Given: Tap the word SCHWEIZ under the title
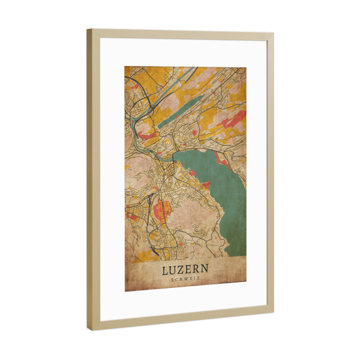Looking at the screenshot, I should pyautogui.click(x=186, y=280).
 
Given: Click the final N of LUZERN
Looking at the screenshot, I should pyautogui.click(x=206, y=271).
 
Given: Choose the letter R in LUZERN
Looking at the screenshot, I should pyautogui.click(x=197, y=271).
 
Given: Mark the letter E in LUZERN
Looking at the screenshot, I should pyautogui.click(x=190, y=271).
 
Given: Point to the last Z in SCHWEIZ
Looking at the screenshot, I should pyautogui.click(x=199, y=280).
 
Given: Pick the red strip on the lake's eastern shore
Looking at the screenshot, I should pyautogui.click(x=221, y=159).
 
